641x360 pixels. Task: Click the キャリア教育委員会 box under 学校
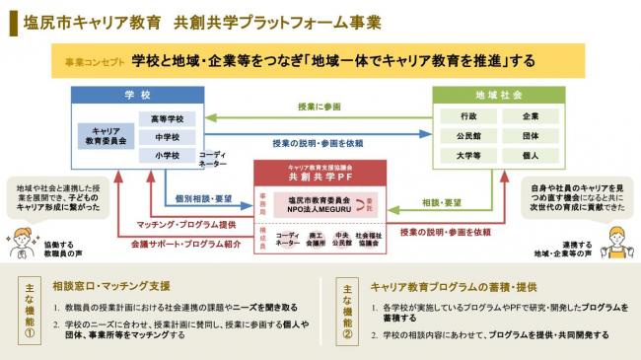pos(107,136)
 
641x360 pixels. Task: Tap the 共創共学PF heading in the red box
pos(317,178)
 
